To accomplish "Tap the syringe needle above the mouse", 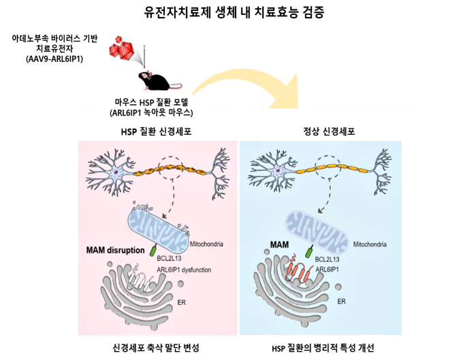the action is [144, 56].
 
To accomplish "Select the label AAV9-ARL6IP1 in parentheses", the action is [54, 59].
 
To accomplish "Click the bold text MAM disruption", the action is [116, 250].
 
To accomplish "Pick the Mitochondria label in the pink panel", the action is [206, 244].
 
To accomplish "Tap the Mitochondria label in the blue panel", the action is [370, 244].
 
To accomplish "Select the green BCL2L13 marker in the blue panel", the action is [309, 252].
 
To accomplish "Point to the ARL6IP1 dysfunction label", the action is [184, 269].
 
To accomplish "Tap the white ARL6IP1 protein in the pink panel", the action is [140, 279].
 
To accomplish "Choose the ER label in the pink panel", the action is [182, 302].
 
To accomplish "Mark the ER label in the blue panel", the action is [342, 301].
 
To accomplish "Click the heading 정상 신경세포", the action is [329, 131].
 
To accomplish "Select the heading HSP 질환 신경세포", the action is [156, 131].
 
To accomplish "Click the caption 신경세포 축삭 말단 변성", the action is [156, 347].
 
